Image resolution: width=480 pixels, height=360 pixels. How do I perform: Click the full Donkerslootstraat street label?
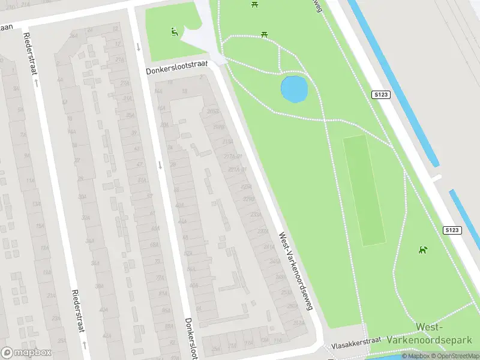[x=176, y=67]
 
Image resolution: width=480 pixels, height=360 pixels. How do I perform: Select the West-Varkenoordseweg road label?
[x=296, y=271]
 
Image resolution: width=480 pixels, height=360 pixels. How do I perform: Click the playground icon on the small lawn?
[x=174, y=32]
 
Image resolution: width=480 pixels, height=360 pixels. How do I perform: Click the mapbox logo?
[x=26, y=353]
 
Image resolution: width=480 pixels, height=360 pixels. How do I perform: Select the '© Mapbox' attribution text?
[x=414, y=356]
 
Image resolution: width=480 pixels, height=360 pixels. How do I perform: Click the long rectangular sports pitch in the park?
[x=364, y=190]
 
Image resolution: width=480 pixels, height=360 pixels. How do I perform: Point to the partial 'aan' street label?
[x=7, y=27]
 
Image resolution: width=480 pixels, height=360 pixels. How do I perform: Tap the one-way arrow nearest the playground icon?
[x=139, y=47]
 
